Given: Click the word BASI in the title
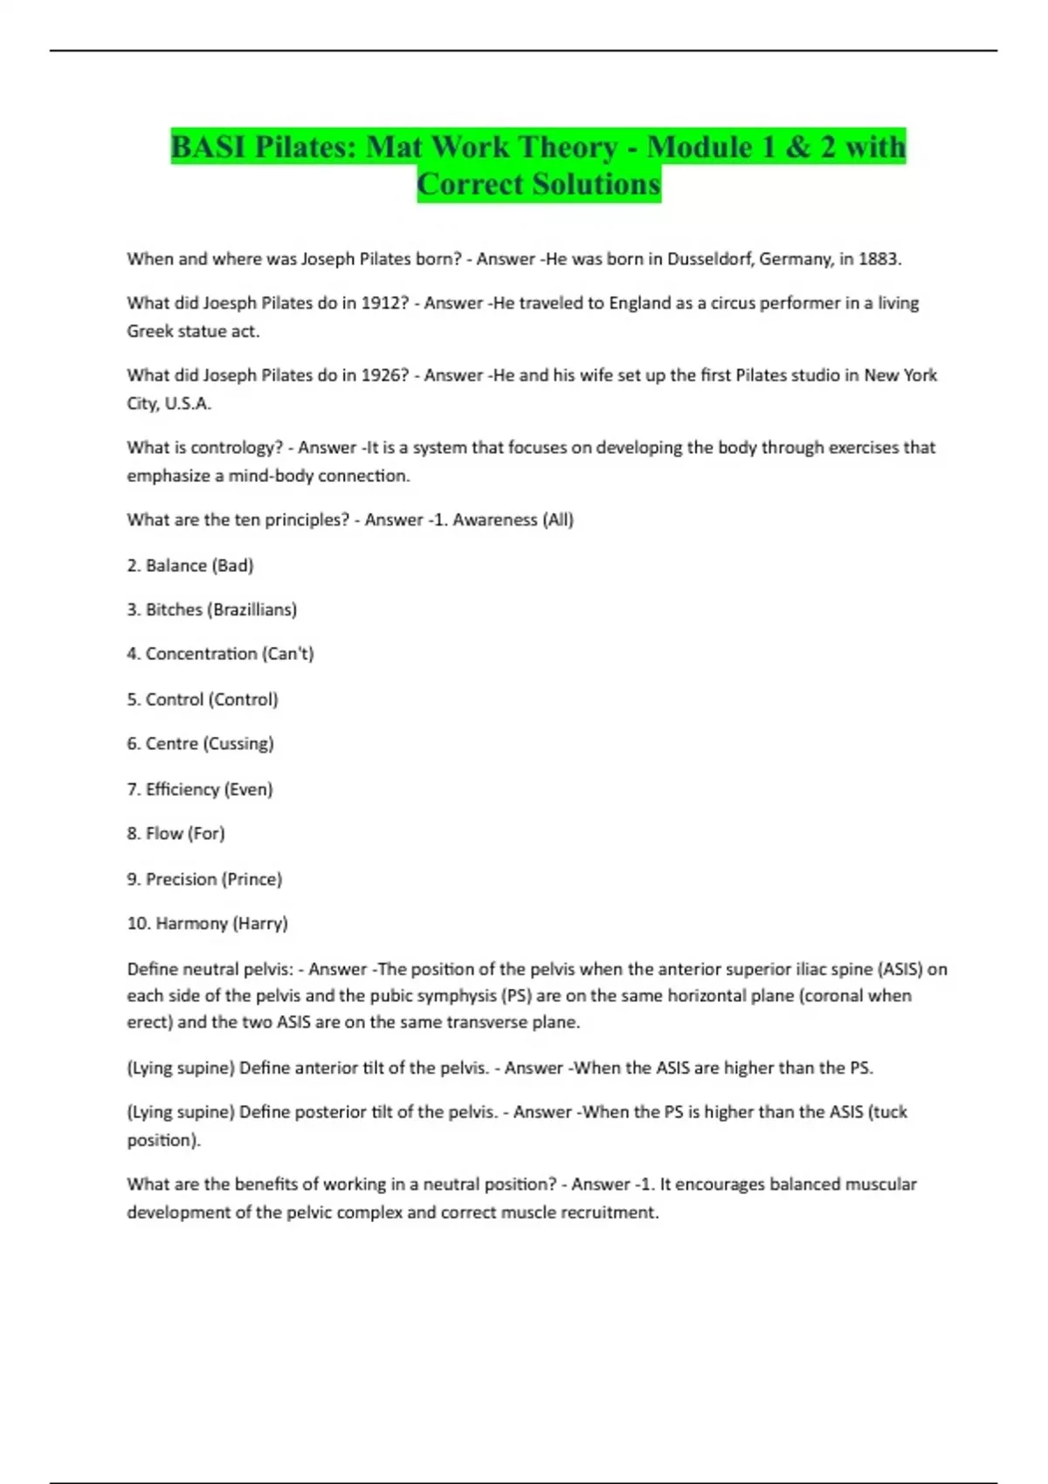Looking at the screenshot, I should [x=209, y=147].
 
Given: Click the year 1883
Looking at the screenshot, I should [x=879, y=258].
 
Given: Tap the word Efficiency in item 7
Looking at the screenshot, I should [x=183, y=789].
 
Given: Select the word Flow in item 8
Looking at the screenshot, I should [x=164, y=834].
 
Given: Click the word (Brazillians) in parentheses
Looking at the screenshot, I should [x=252, y=609].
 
